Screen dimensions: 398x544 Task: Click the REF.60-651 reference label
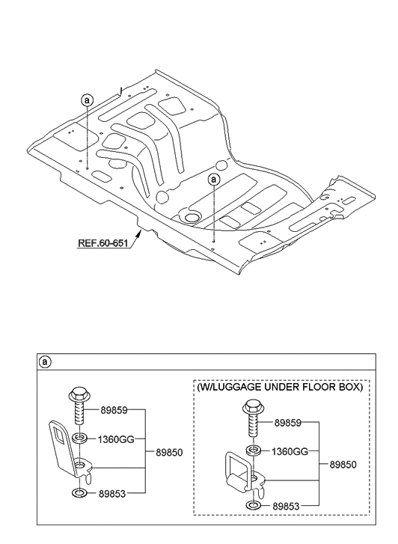102,243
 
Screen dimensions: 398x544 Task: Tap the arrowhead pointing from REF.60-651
139,233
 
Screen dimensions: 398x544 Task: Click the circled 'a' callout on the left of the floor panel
87,100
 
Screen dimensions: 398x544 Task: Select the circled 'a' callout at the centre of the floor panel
214,180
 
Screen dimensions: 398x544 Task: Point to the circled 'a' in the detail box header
45,362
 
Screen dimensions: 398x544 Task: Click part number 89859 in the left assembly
114,410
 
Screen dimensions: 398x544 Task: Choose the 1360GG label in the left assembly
115,439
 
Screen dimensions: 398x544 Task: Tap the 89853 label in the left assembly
112,493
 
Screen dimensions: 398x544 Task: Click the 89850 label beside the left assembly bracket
169,453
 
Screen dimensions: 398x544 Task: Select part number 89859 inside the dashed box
288,423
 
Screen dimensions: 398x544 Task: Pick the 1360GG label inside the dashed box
290,451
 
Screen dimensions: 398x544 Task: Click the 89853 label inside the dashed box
286,506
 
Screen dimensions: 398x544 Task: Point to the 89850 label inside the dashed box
343,465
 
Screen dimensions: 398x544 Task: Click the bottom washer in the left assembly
79,493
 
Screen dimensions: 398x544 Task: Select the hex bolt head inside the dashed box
254,406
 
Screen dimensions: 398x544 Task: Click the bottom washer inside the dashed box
254,506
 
